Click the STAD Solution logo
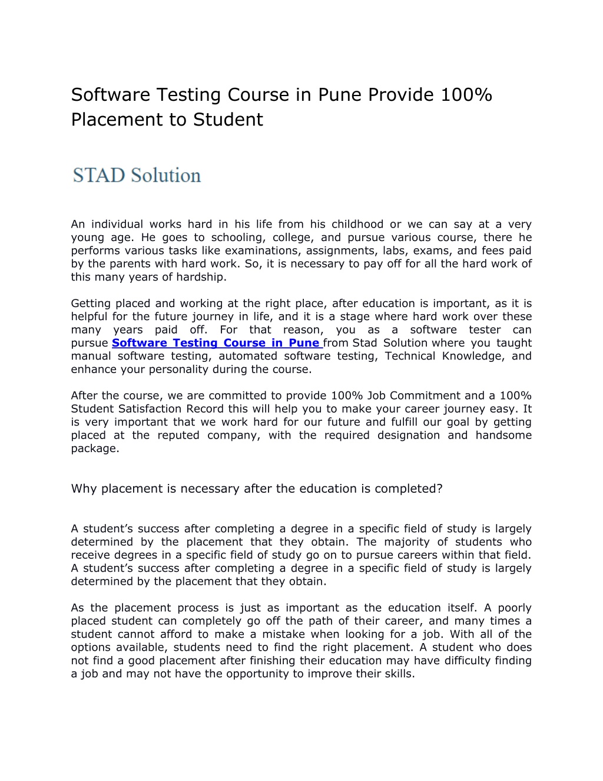(137, 175)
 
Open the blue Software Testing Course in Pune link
(216, 343)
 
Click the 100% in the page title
(465, 94)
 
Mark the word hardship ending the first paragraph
(202, 277)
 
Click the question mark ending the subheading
(439, 489)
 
